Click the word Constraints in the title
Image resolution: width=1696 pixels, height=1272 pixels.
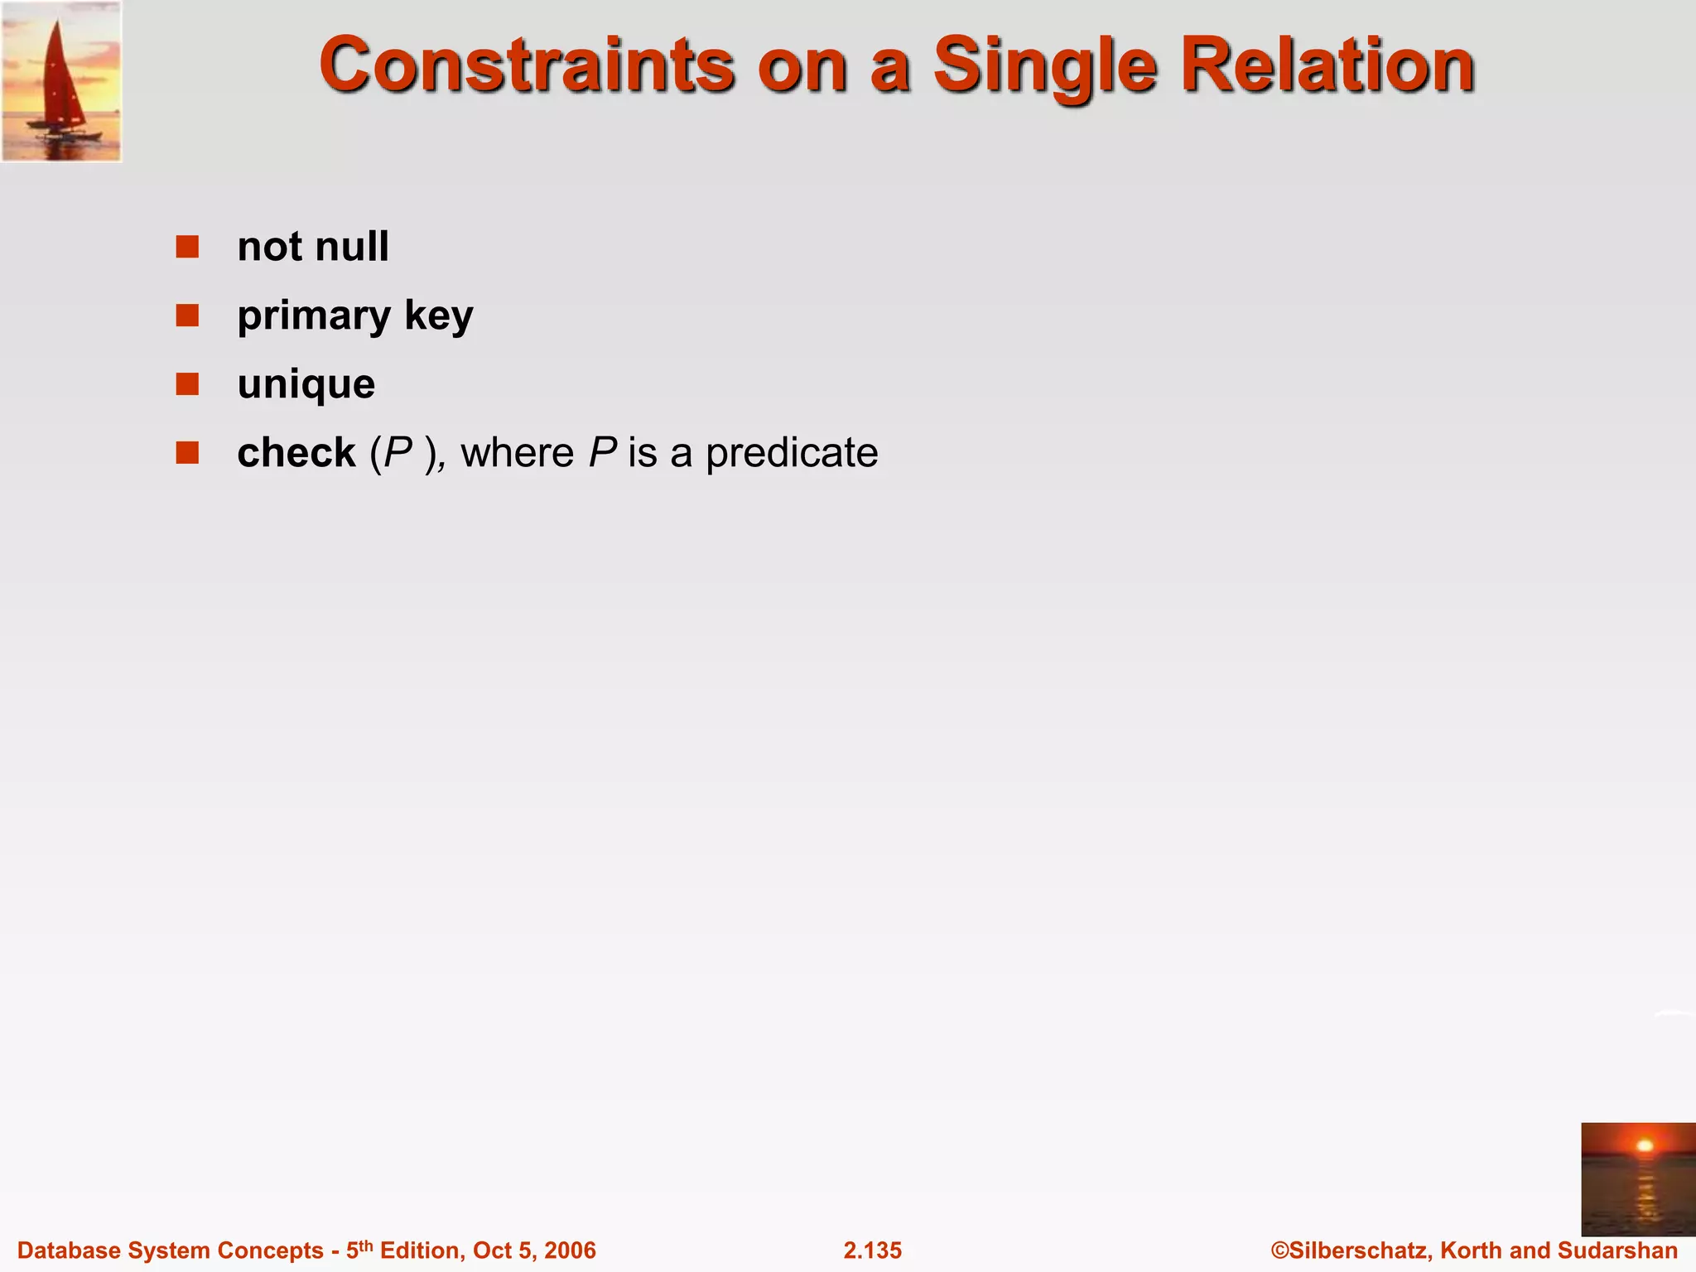point(527,65)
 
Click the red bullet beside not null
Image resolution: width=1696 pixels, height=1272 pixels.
point(187,247)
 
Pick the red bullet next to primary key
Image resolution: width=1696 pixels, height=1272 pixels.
point(187,316)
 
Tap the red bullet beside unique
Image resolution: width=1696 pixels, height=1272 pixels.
point(187,384)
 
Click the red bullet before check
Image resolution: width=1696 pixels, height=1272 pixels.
point(187,453)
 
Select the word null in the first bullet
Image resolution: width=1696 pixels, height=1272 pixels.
point(352,247)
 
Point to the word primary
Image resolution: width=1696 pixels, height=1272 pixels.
point(314,317)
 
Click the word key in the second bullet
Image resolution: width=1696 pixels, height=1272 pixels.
point(439,317)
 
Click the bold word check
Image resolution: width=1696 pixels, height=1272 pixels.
point(296,453)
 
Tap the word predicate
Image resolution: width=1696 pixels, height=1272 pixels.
point(792,454)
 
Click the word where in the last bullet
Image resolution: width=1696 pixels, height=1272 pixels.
point(517,453)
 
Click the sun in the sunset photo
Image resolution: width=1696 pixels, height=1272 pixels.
point(1645,1146)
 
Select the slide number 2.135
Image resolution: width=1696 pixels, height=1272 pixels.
point(872,1250)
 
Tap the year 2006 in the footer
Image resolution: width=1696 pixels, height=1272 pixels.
point(570,1250)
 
